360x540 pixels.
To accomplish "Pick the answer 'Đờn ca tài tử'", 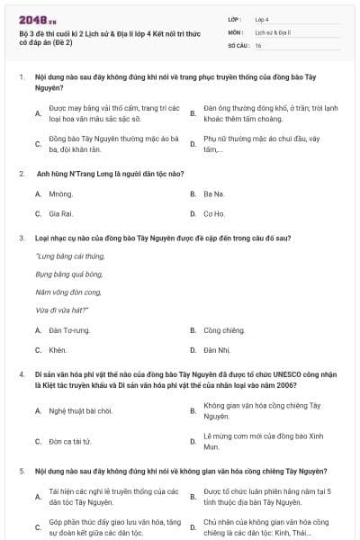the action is [69, 441].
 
